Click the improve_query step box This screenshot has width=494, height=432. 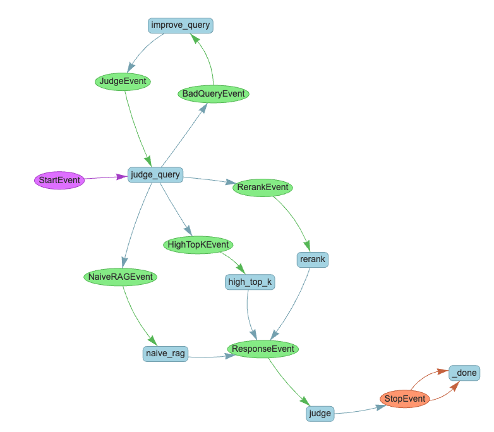tap(181, 25)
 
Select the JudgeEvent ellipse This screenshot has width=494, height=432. tap(123, 81)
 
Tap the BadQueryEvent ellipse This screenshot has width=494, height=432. tap(213, 94)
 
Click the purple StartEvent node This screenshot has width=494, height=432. tap(59, 181)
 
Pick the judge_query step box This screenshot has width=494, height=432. tap(155, 174)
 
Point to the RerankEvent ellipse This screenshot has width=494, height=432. tap(263, 188)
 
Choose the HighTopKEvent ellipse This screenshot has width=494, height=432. tap(198, 244)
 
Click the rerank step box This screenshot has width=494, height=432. tap(313, 259)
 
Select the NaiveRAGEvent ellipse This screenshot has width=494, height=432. tap(120, 277)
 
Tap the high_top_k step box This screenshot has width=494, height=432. tap(250, 282)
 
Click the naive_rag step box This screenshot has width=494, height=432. tap(166, 354)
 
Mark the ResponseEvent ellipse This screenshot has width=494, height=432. tap(263, 349)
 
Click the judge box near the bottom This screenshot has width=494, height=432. tap(320, 414)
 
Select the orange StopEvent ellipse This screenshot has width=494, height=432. tap(405, 399)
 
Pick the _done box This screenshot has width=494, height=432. tap(464, 373)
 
